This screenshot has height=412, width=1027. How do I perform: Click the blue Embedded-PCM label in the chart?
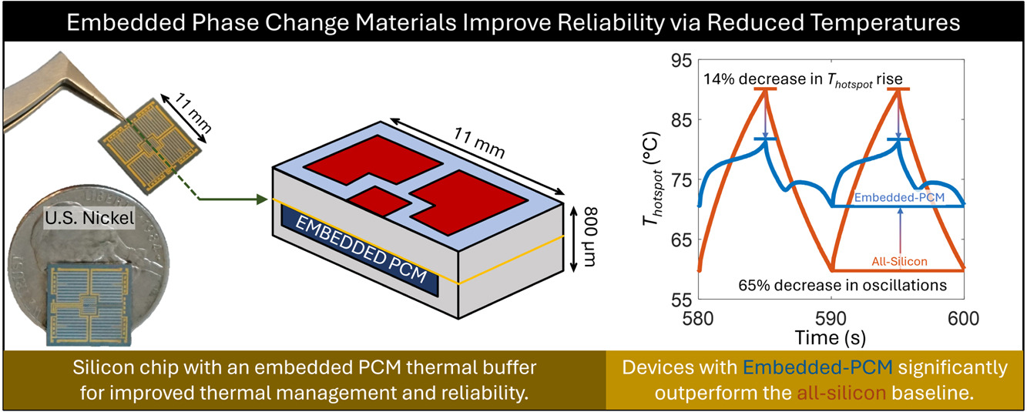pos(900,198)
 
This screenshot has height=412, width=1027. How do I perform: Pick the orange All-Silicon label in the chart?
pos(899,261)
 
